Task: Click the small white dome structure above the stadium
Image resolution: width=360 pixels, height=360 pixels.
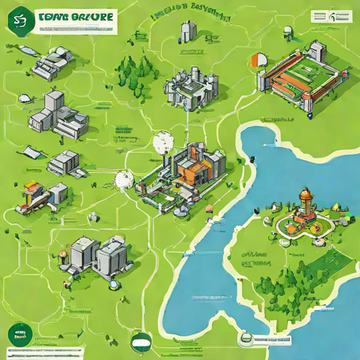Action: click(x=288, y=32)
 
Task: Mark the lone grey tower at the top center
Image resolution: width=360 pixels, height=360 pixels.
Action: click(x=188, y=30)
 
